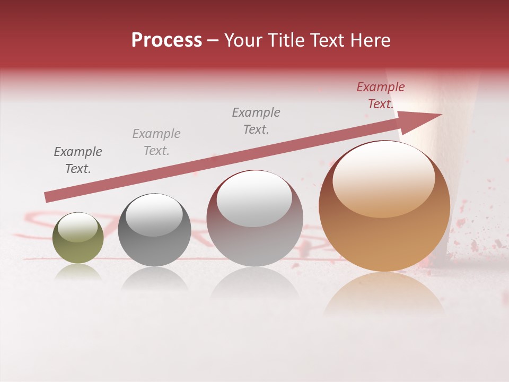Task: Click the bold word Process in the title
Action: (166, 40)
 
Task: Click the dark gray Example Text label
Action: (78, 160)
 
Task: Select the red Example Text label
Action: (380, 95)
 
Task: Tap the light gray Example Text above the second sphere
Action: (156, 142)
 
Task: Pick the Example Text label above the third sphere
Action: (256, 121)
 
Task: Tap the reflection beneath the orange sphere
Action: (384, 294)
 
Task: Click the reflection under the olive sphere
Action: (78, 272)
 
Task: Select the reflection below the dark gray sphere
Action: (154, 279)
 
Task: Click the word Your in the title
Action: (242, 40)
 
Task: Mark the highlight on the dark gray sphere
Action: (154, 214)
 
